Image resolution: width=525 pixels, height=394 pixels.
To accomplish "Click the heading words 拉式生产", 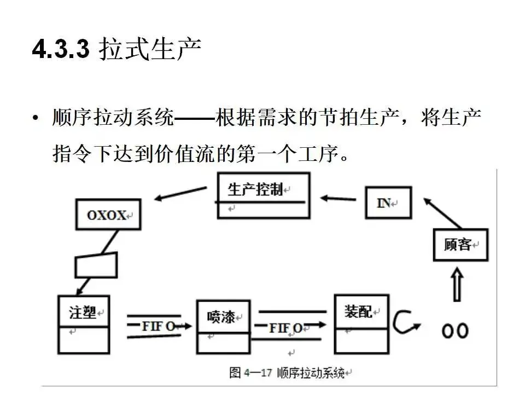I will coord(150,50).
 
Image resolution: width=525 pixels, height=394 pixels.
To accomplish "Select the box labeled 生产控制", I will coord(264,195).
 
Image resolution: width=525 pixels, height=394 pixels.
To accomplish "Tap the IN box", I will coord(388,202).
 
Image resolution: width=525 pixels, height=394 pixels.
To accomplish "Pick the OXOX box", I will coord(108,215).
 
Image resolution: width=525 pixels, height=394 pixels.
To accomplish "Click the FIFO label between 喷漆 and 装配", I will coord(285,328).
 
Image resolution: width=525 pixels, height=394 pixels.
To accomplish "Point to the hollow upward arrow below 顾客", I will coord(458,283).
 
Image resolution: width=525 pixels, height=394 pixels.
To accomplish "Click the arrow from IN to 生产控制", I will coord(339,198).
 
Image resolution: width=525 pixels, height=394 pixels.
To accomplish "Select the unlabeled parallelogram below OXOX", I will coord(96,264).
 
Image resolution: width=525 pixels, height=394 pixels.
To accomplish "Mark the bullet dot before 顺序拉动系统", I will coord(36,118).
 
